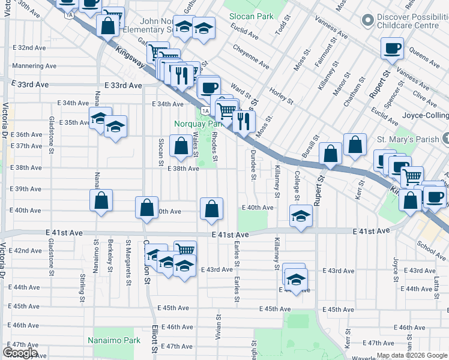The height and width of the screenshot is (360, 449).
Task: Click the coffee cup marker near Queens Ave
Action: [x=392, y=49]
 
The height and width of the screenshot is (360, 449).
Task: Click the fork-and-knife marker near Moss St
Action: [x=244, y=121]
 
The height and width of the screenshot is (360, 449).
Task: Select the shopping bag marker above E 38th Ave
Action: [x=181, y=145]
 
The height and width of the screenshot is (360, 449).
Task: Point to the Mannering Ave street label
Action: [x=35, y=65]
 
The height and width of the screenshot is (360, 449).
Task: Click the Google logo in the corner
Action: [x=20, y=353]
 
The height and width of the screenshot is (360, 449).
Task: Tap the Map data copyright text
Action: [x=412, y=356]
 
